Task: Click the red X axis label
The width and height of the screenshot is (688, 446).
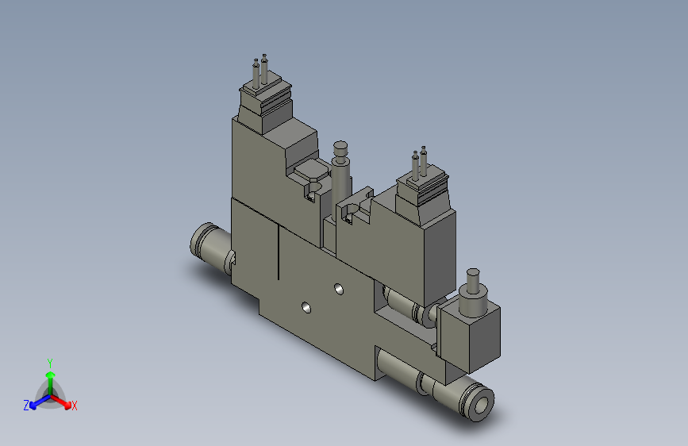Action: click(75, 406)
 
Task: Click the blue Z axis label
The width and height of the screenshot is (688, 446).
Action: click(26, 405)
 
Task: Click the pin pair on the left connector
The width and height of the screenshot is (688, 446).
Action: click(260, 69)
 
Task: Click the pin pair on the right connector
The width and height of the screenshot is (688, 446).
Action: click(419, 162)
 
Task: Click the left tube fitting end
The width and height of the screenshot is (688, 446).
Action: click(202, 240)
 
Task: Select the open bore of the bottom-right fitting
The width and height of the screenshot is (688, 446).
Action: click(482, 404)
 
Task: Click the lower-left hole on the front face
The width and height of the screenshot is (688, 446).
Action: click(306, 306)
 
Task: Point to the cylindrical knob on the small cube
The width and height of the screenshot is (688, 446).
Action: click(475, 285)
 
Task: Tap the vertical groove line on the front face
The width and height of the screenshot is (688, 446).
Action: click(279, 252)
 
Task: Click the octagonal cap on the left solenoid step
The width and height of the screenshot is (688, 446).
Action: click(309, 170)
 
